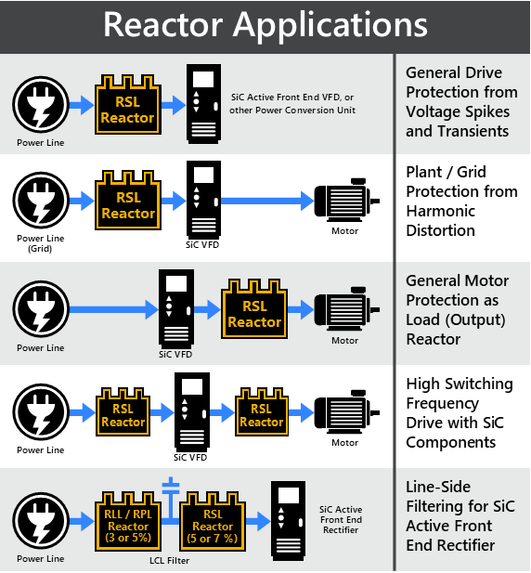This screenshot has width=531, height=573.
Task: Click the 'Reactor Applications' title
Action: point(265,25)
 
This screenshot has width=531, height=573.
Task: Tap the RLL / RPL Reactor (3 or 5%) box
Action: point(128,522)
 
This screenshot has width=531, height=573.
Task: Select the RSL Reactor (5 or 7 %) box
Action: point(213,522)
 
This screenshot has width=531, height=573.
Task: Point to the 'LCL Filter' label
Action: point(170,560)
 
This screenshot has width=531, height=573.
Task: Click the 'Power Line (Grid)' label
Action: point(41,243)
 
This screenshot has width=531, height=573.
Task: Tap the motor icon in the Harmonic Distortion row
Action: point(346,200)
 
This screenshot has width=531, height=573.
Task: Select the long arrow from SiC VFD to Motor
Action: point(267,201)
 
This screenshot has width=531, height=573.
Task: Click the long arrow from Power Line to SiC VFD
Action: point(113,309)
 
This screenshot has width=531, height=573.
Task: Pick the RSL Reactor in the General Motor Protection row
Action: point(254,309)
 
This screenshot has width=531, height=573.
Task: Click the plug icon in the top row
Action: point(41,105)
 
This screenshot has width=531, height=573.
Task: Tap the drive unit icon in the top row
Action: point(204,104)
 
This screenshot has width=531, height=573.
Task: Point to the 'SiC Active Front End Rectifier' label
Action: point(341,519)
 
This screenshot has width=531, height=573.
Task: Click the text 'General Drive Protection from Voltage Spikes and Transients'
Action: point(461,102)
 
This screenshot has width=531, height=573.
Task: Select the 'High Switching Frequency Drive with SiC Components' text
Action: point(460,413)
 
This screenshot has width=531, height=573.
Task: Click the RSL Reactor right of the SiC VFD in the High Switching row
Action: point(262,412)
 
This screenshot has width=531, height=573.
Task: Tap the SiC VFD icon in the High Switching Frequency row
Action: point(192,412)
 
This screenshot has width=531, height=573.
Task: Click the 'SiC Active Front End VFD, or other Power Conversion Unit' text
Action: point(292,104)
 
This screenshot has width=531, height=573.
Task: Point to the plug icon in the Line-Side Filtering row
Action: point(41,520)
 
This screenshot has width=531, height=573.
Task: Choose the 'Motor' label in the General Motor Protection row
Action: point(344,340)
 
